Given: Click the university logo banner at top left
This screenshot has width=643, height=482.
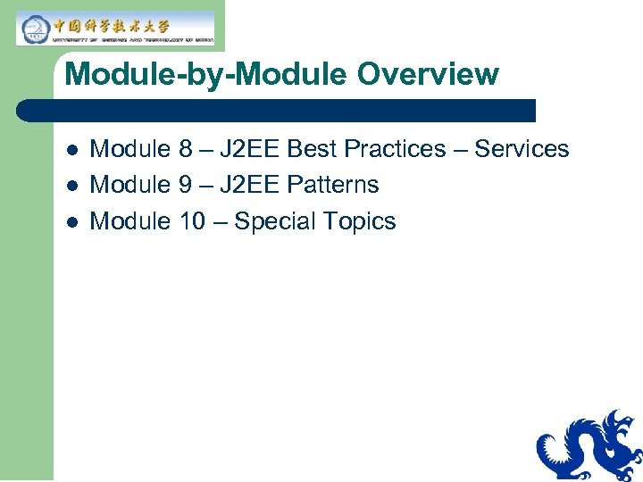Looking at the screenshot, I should coord(115,28).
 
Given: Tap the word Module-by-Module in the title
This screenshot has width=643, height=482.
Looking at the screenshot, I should coord(188,74).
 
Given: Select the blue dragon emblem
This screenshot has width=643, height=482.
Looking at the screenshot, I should coord(589,446).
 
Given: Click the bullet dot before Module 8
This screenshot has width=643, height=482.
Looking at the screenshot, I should coord(72,150).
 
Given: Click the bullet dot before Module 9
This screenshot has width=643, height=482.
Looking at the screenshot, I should coord(72,186).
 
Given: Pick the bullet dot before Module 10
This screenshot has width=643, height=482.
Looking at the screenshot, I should coord(72,222).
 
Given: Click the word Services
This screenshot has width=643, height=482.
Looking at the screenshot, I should coord(522,149).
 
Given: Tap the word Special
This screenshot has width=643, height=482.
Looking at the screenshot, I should coord(277,221).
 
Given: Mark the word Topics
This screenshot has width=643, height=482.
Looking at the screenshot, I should coord(362,221).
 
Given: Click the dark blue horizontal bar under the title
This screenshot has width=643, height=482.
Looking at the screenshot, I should coord(277,111).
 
